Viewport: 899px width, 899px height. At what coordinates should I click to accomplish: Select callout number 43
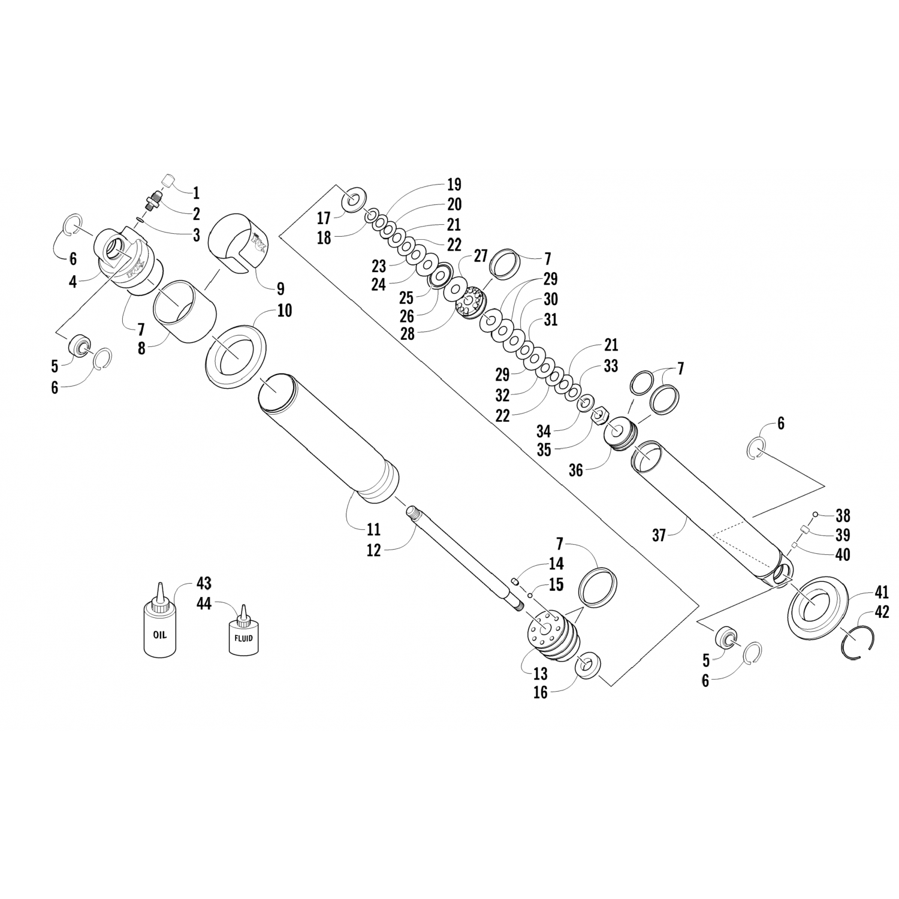[x=204, y=583]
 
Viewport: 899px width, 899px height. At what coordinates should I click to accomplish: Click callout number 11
[x=373, y=529]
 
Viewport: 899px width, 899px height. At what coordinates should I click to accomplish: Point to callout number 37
[x=659, y=535]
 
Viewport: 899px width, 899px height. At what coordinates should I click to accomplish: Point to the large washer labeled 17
[x=355, y=199]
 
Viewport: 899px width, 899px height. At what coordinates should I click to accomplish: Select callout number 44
[x=204, y=604]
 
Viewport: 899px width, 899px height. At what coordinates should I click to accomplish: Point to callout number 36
[x=575, y=470]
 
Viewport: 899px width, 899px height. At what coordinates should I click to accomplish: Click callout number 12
[x=373, y=550]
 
